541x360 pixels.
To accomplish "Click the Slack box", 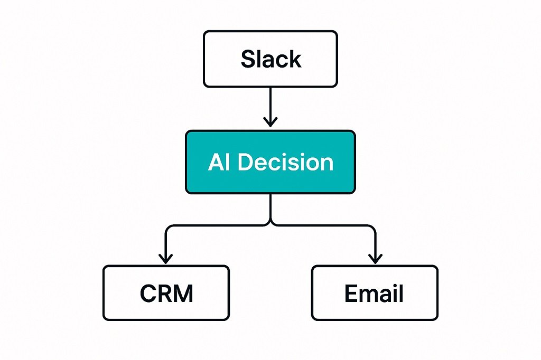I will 270,59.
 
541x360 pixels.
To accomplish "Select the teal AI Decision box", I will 270,162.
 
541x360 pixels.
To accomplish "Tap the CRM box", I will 166,293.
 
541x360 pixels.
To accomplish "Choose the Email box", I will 375,293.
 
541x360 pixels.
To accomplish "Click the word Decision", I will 286,162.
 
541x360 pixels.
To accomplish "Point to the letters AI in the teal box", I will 219,162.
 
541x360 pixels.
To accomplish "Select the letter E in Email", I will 350,293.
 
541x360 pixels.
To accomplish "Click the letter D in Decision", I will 246,162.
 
